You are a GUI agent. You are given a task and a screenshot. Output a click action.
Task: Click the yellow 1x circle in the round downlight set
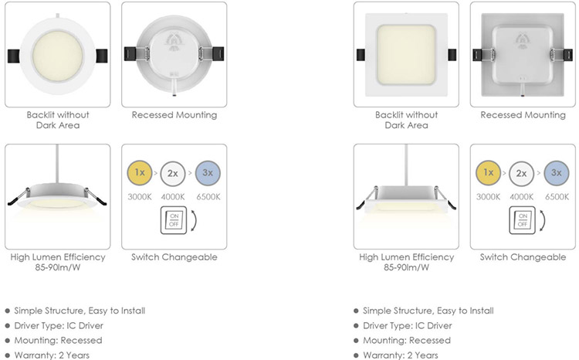tap(140, 172)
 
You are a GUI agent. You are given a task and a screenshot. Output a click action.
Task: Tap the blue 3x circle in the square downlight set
tap(556, 172)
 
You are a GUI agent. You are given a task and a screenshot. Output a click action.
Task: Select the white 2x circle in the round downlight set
tap(172, 173)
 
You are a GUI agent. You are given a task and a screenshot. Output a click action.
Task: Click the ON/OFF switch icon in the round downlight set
tap(174, 220)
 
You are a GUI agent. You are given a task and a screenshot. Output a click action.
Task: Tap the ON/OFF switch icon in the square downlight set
tap(522, 220)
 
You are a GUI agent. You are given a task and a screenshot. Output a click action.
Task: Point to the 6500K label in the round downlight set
tap(208, 197)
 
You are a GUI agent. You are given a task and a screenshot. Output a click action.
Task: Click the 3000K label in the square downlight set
tap(488, 197)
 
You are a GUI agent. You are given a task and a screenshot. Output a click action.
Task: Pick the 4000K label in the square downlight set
tap(521, 197)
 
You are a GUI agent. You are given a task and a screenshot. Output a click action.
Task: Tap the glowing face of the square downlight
tap(406, 55)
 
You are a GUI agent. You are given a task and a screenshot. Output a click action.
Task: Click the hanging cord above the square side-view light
tap(406, 165)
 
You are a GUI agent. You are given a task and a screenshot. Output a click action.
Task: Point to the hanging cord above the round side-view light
tap(57, 164)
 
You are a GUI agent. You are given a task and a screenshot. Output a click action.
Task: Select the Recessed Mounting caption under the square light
tap(523, 115)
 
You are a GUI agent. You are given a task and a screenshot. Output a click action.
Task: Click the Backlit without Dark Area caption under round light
tap(58, 120)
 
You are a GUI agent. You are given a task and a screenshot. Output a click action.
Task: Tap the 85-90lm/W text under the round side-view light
tap(58, 267)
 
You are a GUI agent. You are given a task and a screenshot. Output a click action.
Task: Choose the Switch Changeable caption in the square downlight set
tap(523, 257)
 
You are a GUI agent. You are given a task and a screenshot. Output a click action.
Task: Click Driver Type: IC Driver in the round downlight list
tap(59, 326)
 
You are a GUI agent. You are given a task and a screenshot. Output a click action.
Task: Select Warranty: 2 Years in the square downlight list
tap(400, 355)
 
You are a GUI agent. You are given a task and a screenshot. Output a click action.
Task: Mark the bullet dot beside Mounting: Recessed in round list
tap(8, 341)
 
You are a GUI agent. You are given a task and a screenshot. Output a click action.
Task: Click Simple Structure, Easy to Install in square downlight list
tap(428, 311)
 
